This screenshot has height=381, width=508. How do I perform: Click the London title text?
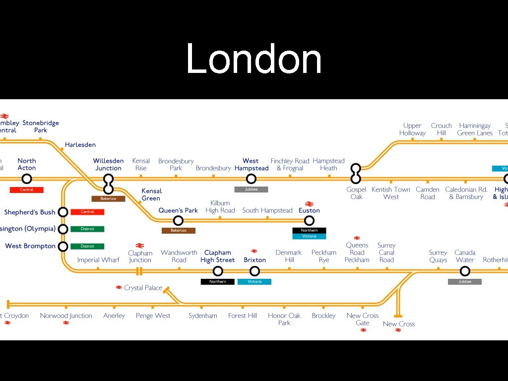pyautogui.click(x=254, y=59)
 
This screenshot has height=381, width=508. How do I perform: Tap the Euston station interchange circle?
pyautogui.click(x=309, y=221)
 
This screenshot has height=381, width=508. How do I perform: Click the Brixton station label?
pyautogui.click(x=254, y=260)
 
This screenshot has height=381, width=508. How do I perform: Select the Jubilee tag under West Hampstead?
pyautogui.click(x=251, y=190)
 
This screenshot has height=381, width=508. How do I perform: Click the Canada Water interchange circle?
pyautogui.click(x=465, y=271)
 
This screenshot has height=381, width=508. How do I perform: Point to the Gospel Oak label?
pyautogui.click(x=356, y=193)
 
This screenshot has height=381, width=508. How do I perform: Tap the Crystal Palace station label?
pyautogui.click(x=143, y=288)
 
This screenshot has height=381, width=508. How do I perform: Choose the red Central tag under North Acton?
pyautogui.click(x=27, y=190)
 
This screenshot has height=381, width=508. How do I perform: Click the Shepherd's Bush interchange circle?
pyautogui.click(x=63, y=212)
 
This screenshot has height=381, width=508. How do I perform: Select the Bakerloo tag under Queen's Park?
pyautogui.click(x=179, y=231)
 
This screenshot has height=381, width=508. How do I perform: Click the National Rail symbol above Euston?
pyautogui.click(x=309, y=203)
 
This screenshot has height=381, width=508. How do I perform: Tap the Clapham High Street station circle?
pyautogui.click(x=218, y=271)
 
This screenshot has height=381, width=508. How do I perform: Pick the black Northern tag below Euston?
pyautogui.click(x=309, y=230)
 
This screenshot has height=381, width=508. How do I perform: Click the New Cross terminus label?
pyautogui.click(x=399, y=324)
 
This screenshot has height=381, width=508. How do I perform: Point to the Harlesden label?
pyautogui.click(x=80, y=145)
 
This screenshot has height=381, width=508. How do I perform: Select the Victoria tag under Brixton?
pyautogui.click(x=254, y=282)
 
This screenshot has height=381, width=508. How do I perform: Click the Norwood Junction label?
pyautogui.click(x=66, y=316)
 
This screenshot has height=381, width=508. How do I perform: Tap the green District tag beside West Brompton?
pyautogui.click(x=87, y=246)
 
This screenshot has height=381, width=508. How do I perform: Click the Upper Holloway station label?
pyautogui.click(x=412, y=129)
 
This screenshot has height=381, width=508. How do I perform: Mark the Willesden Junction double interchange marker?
pyautogui.click(x=109, y=184)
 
